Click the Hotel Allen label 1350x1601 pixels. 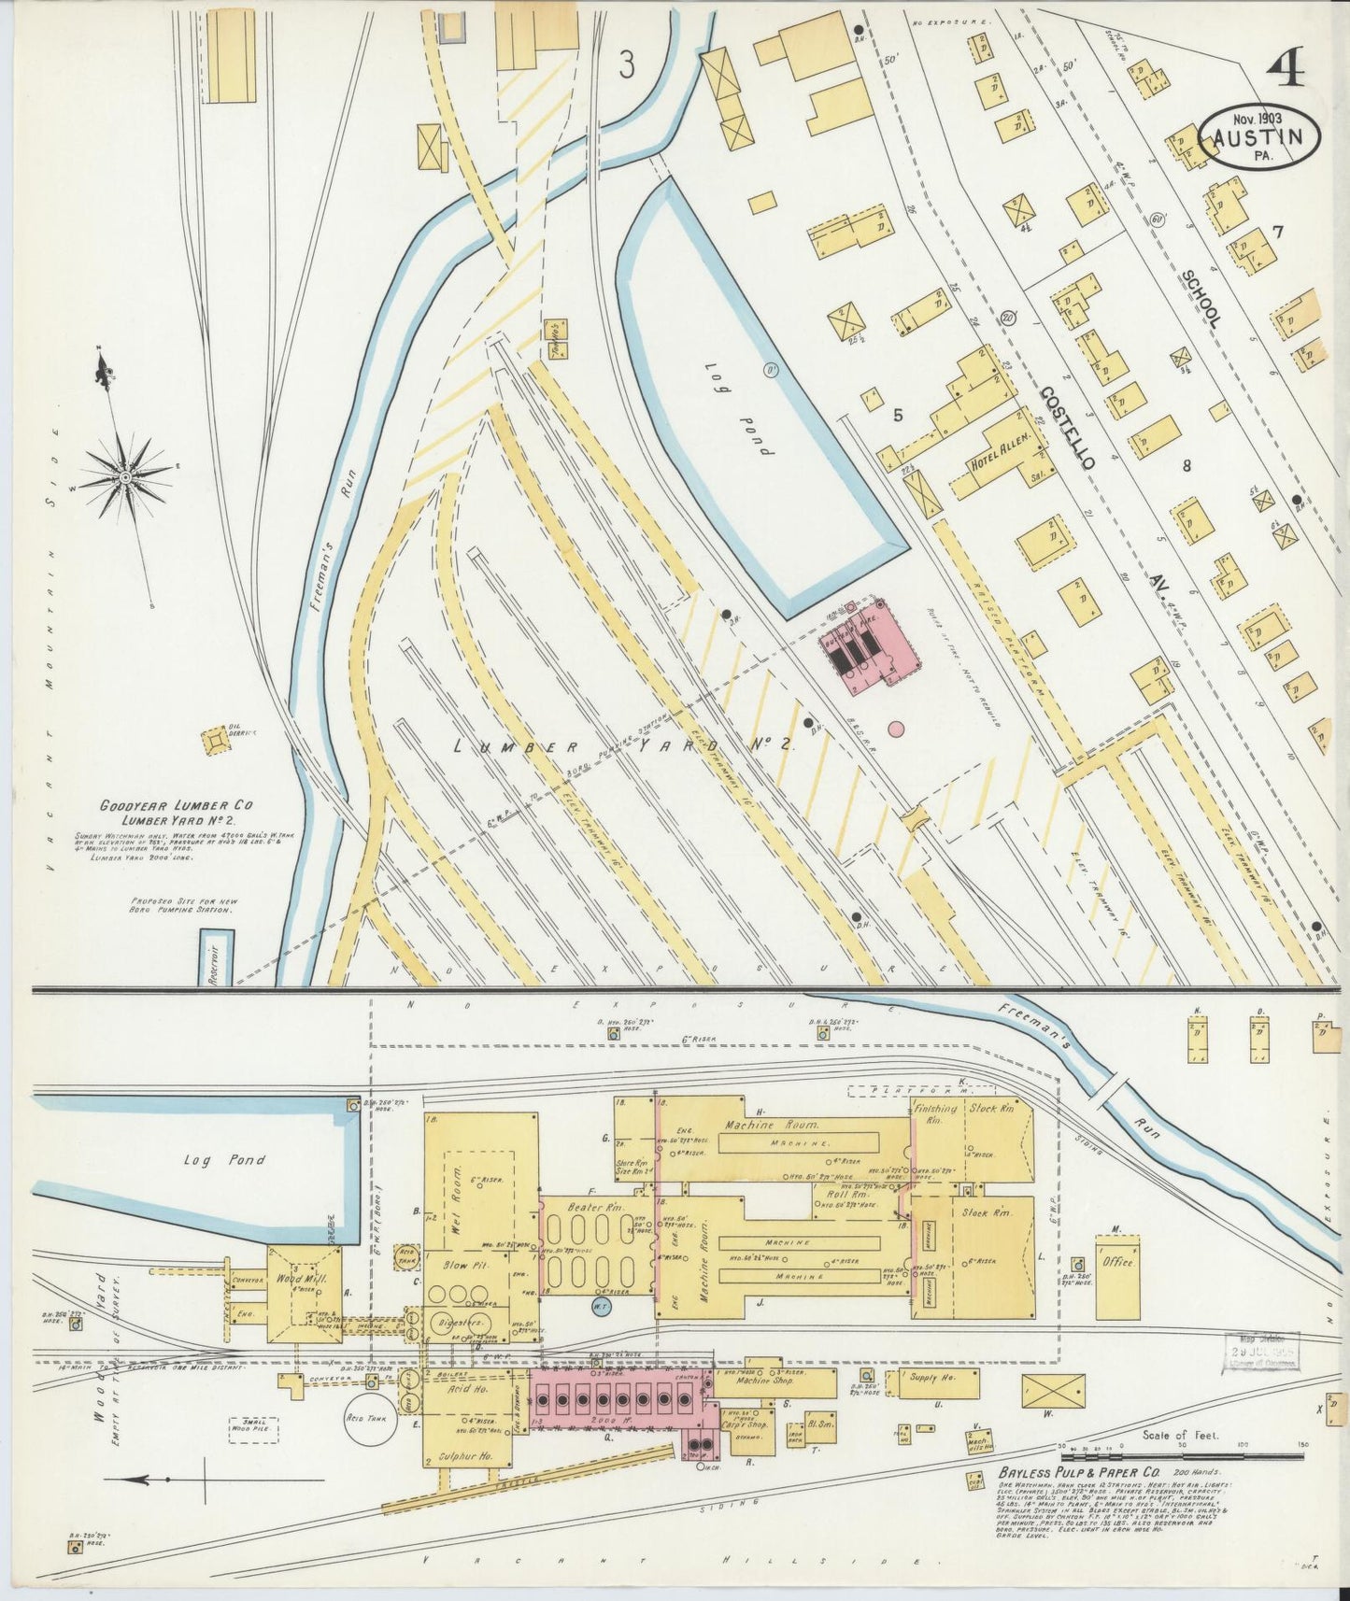point(1001,450)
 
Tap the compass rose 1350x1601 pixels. point(124,477)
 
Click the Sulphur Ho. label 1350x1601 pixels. point(467,1455)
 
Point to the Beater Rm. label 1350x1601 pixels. point(588,1208)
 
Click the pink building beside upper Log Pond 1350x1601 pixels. point(868,646)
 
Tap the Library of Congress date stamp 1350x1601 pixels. point(1260,1353)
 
